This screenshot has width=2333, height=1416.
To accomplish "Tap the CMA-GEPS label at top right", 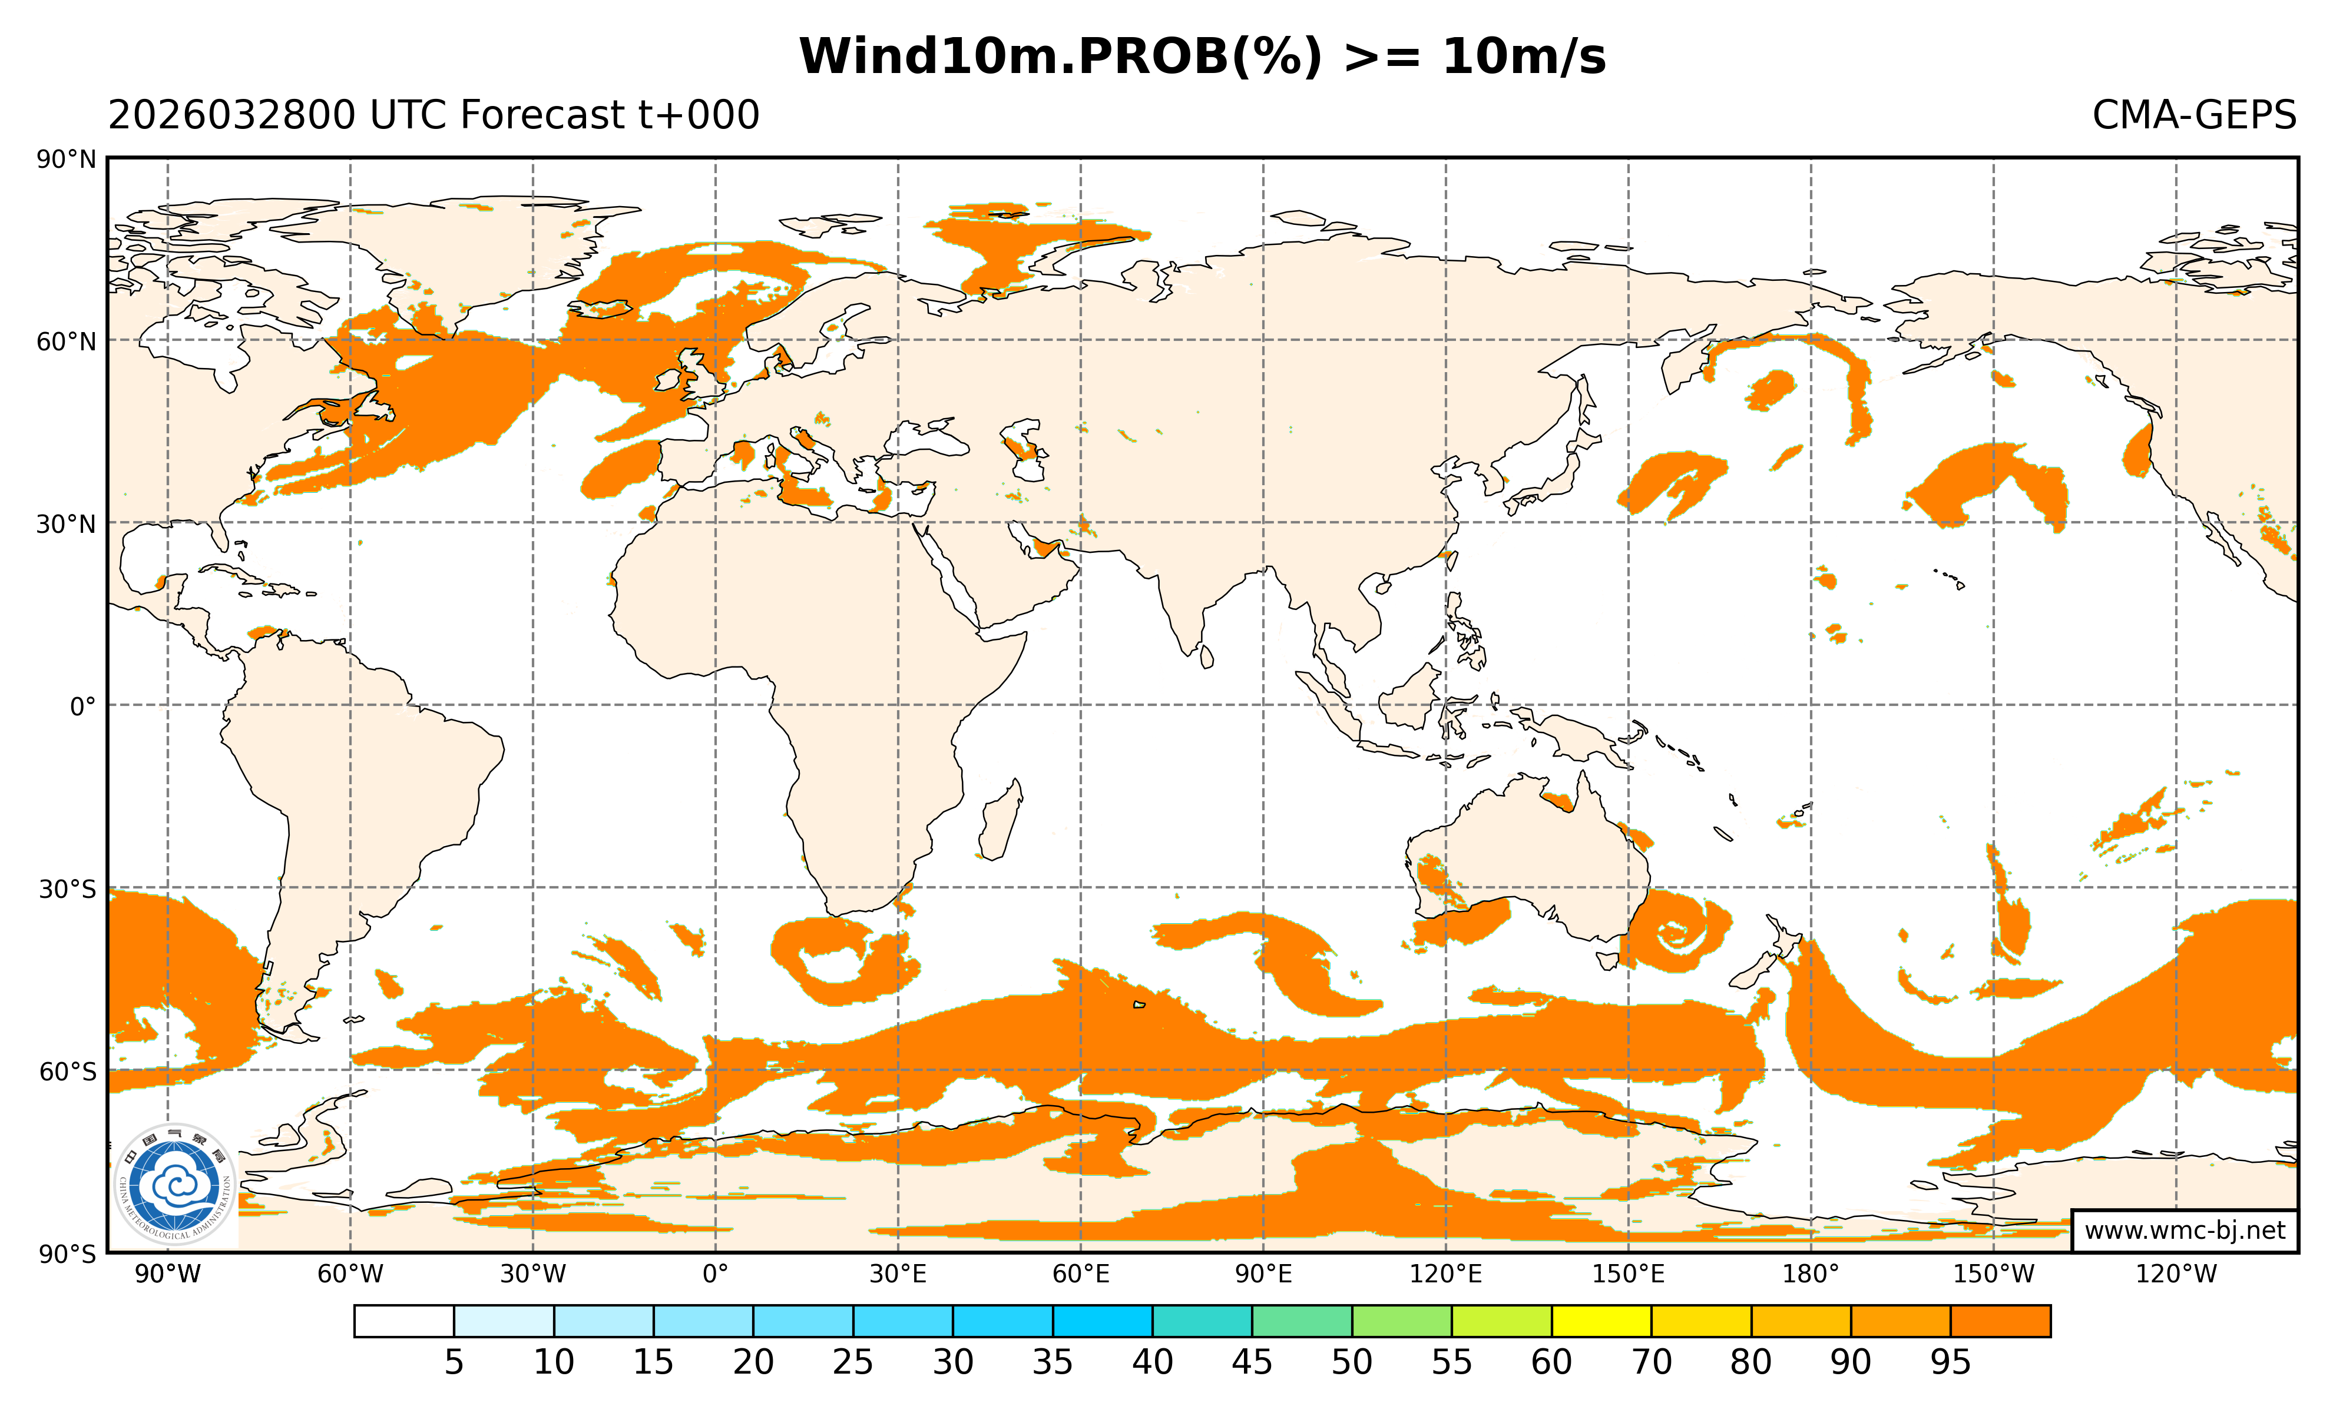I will click(x=2193, y=115).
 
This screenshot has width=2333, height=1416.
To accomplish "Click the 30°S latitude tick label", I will click(x=67, y=890).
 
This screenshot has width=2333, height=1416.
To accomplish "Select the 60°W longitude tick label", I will click(x=350, y=1274).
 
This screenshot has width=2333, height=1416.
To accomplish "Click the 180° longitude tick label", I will click(x=1811, y=1274).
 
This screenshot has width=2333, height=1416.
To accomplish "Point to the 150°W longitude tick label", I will click(x=1993, y=1274).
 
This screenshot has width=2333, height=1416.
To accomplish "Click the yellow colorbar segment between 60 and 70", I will click(x=1601, y=1321).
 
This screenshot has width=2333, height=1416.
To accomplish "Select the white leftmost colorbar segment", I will click(x=404, y=1321).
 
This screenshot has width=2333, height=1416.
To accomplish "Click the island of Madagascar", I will click(x=1000, y=821).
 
